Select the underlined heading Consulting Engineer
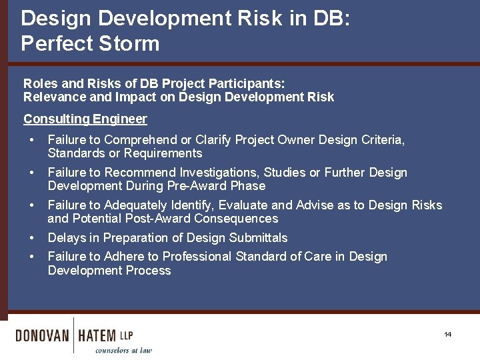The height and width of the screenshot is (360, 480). (85, 119)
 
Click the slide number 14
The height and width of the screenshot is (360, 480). (447, 334)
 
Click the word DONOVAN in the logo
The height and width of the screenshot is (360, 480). (42, 335)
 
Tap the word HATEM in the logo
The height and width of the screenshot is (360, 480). (97, 335)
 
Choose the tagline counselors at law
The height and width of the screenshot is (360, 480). (123, 350)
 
